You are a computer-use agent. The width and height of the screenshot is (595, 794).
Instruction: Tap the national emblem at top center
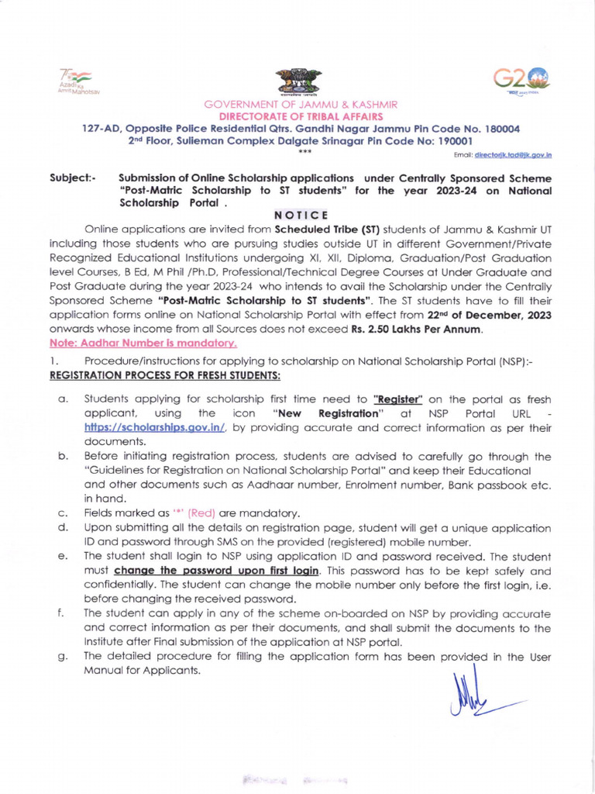coord(297,81)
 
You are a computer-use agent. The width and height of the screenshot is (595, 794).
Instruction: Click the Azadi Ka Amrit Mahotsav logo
coord(74,81)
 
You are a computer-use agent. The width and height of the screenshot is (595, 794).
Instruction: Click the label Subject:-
coord(73,178)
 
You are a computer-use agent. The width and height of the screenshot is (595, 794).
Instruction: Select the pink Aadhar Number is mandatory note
coord(143,342)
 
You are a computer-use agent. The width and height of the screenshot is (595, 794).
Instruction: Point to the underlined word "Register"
coord(397,399)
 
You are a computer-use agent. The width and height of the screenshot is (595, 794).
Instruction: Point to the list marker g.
coord(60,657)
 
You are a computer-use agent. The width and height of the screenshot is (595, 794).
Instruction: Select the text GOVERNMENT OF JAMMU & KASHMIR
coord(301,104)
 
